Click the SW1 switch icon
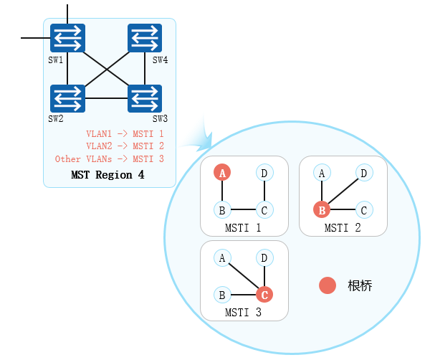click(67, 38)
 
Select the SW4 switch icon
click(145, 38)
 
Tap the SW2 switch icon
click(67, 98)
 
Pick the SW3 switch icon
click(145, 98)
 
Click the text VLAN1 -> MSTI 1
click(125, 133)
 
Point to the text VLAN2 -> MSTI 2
click(125, 146)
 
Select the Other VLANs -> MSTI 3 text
click(110, 159)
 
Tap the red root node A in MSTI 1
click(223, 173)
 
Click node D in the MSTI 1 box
click(264, 173)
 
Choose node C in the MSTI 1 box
click(264, 210)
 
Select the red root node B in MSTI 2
click(322, 210)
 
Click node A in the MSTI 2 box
click(322, 173)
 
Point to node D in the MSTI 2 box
click(364, 173)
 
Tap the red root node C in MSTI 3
click(264, 294)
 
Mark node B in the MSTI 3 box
click(223, 294)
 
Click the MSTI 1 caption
click(242, 228)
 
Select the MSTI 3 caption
click(243, 313)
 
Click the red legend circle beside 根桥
click(328, 285)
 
